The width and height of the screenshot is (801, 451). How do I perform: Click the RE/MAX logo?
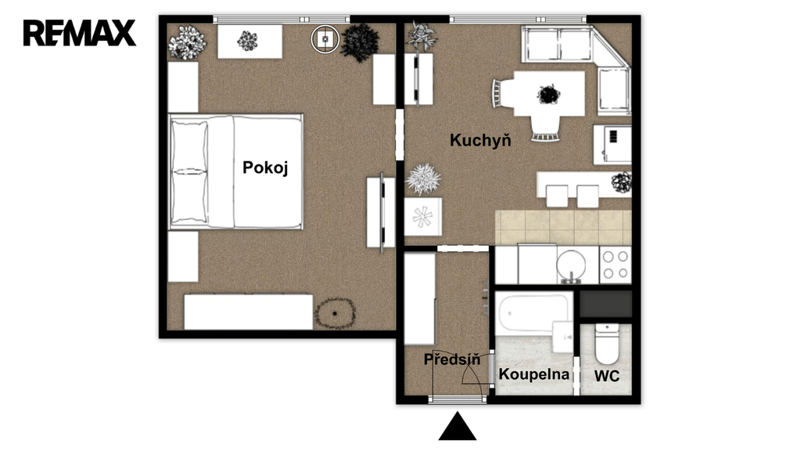(80, 33)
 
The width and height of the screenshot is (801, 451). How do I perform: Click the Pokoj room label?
(265, 168)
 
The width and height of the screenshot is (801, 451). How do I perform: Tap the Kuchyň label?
(480, 139)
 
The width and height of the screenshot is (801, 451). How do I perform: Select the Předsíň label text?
(452, 359)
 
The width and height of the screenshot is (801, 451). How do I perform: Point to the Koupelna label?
(533, 374)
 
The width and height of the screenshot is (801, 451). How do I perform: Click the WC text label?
(607, 377)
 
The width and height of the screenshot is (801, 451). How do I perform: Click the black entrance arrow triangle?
(457, 426)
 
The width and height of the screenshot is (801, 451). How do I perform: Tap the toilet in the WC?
(606, 344)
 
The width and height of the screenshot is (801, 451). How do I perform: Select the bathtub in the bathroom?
(533, 313)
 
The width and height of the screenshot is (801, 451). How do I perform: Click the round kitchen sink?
(572, 265)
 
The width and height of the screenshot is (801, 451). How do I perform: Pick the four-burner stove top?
(615, 265)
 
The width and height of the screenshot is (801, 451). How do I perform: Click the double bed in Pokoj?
(236, 171)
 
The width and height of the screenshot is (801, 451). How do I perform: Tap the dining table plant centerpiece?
(548, 95)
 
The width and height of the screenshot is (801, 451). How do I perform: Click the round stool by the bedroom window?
(325, 38)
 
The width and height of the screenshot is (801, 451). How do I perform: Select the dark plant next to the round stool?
(360, 42)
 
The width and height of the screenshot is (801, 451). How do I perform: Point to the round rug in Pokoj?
(335, 313)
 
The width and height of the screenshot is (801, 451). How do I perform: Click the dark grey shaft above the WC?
(606, 305)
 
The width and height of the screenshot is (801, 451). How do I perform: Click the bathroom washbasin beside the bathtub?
(562, 337)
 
